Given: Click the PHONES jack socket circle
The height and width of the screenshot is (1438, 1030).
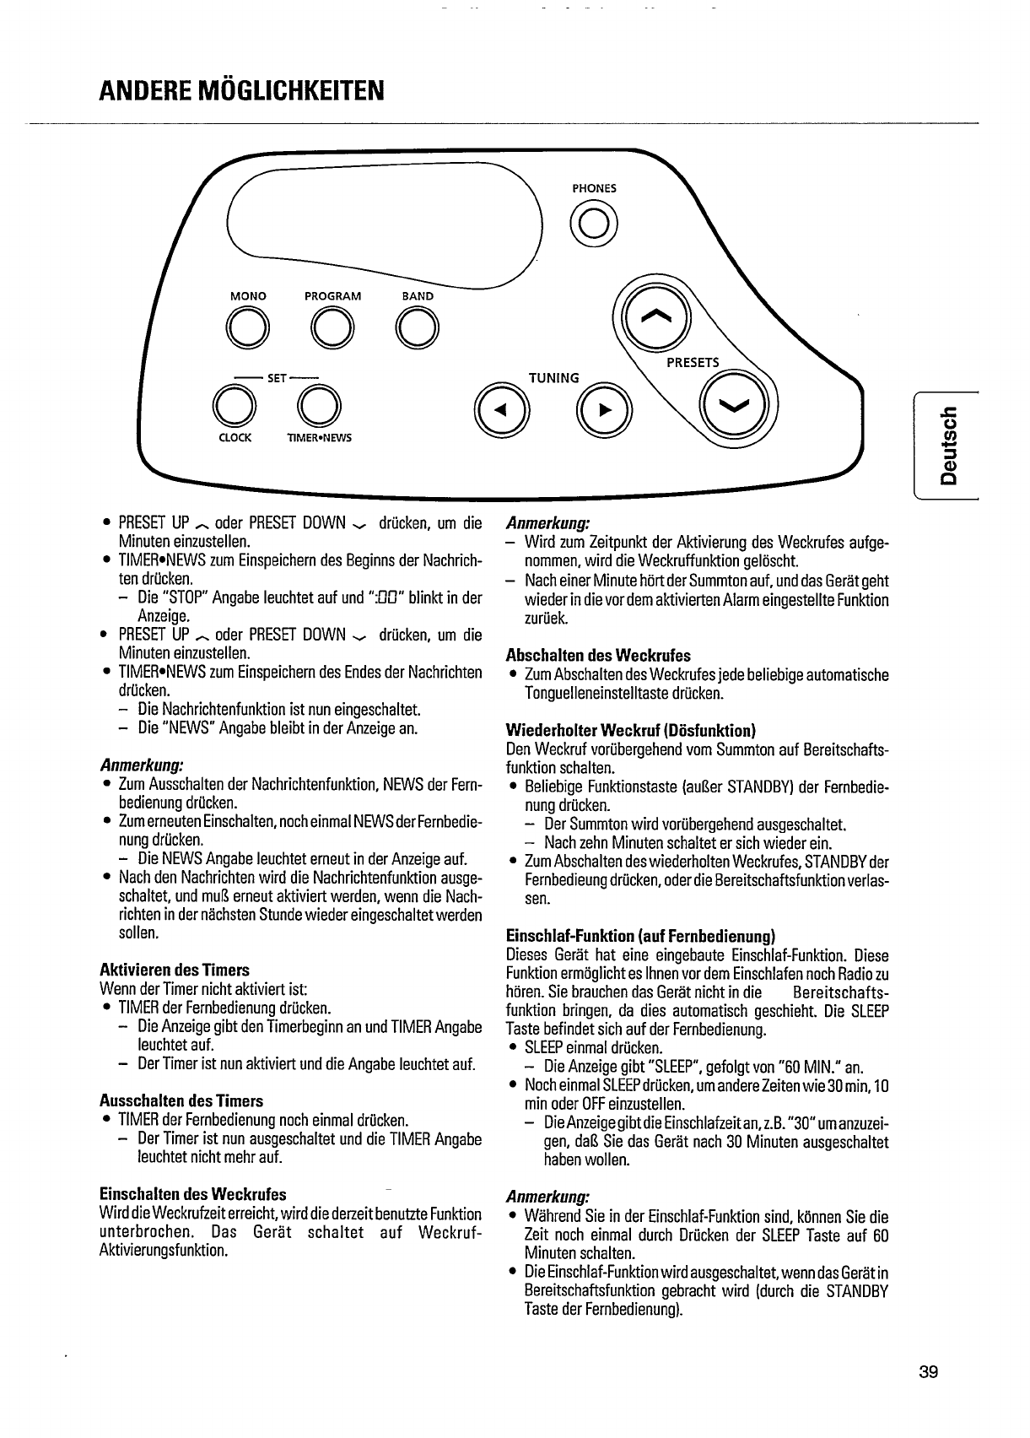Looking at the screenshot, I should (594, 223).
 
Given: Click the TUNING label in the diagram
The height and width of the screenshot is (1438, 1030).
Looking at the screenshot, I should (553, 378).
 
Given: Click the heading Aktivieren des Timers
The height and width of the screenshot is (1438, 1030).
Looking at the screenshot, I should (175, 970).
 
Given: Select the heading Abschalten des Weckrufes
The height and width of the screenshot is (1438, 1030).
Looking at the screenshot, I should (597, 655).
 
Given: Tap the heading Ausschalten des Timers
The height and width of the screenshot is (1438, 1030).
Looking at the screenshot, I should (181, 1100).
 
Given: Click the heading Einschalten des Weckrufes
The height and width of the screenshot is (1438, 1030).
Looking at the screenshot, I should (192, 1194).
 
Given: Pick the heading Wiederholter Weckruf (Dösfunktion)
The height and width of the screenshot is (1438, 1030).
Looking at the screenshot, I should (630, 730).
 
